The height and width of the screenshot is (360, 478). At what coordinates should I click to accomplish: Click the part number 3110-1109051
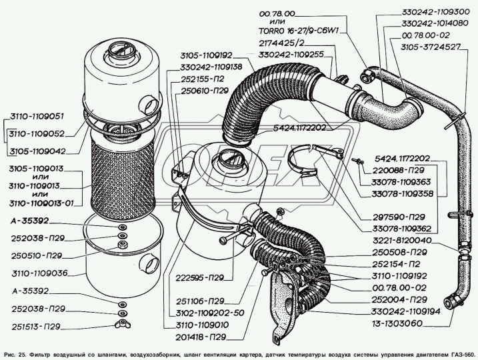coord(38,115)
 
